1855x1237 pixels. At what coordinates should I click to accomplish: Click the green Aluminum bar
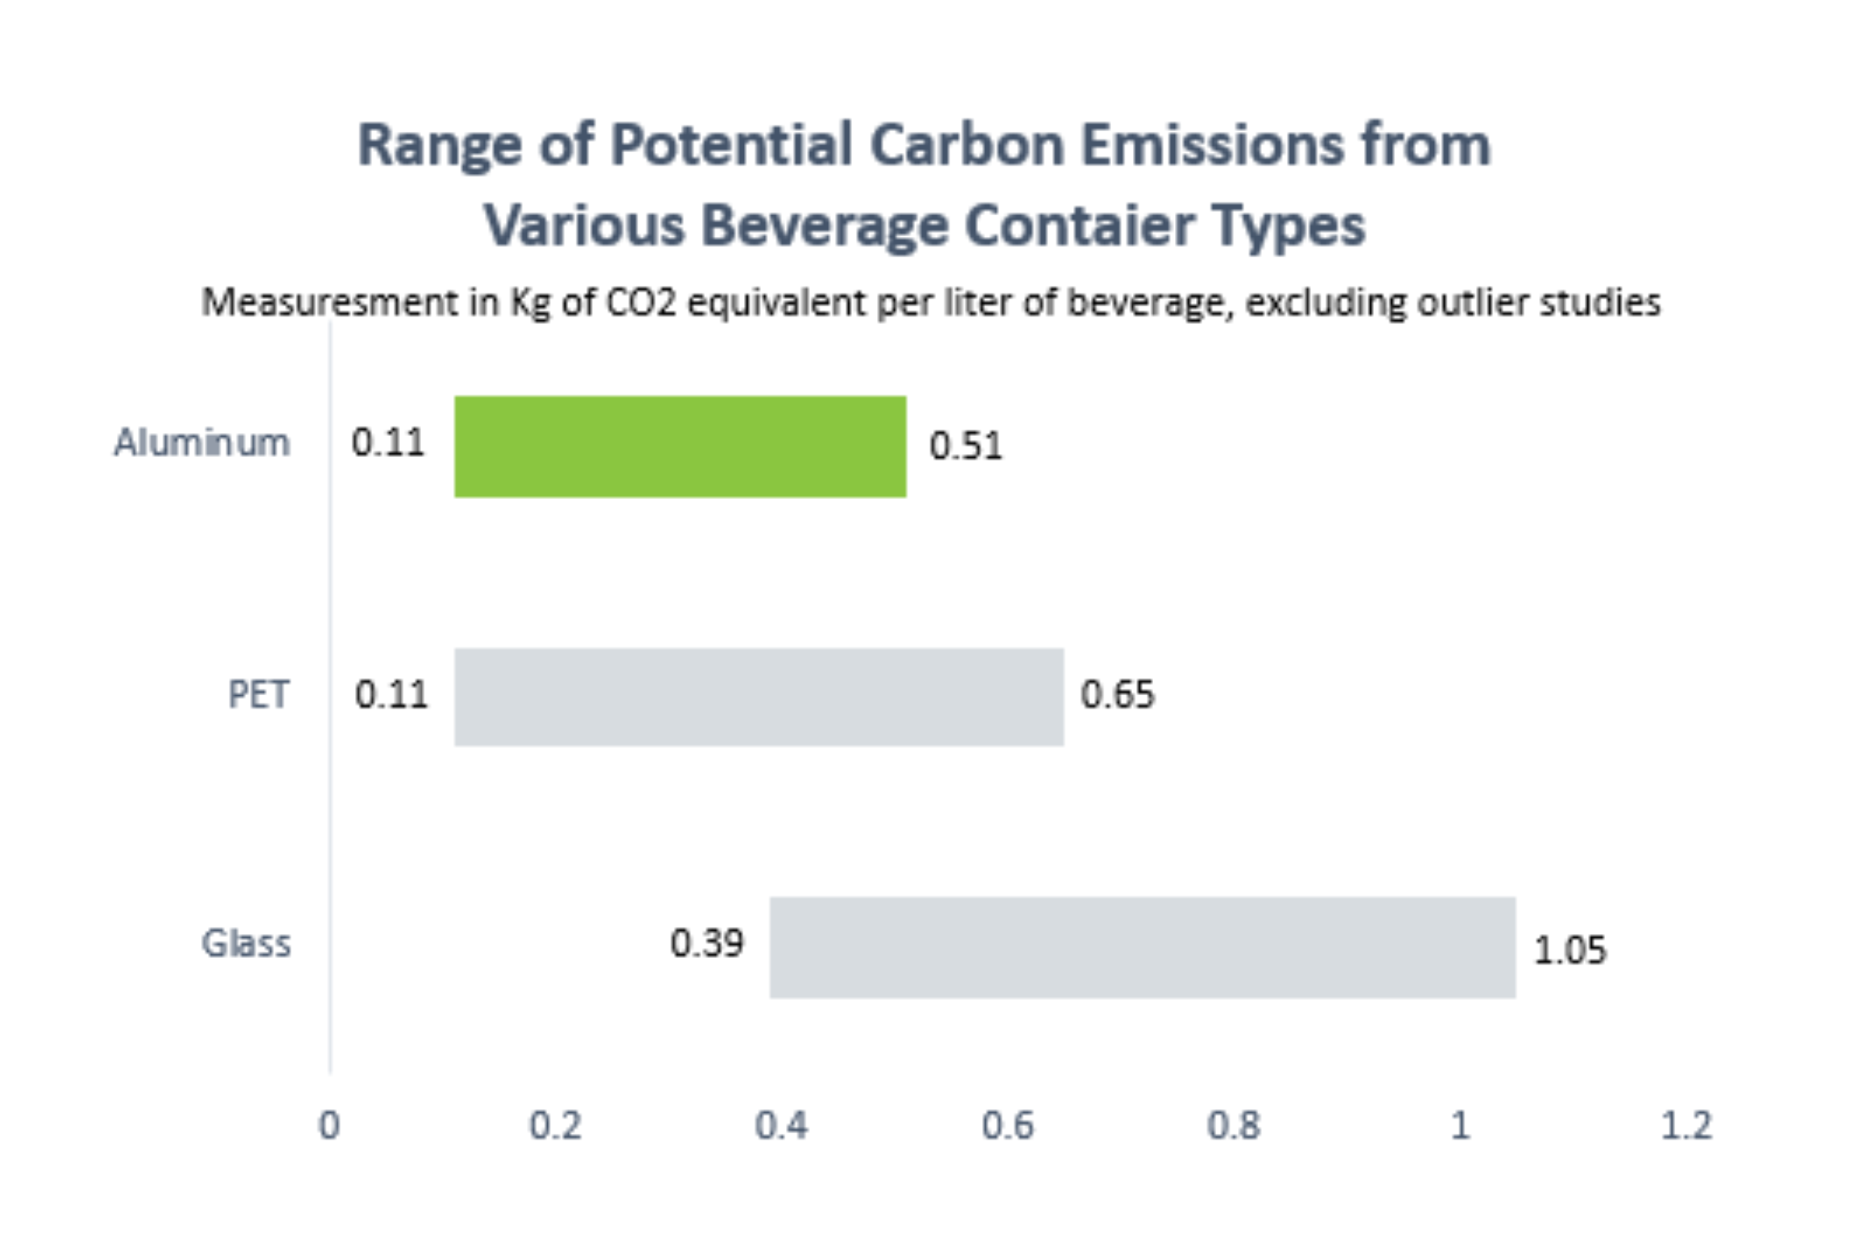click(680, 447)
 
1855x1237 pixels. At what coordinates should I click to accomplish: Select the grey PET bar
click(759, 696)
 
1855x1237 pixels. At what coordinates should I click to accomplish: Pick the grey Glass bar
click(1142, 947)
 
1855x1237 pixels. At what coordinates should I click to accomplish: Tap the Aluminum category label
click(202, 443)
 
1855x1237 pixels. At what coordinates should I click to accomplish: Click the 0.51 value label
click(965, 446)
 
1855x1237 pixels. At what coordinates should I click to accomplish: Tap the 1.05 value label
click(1569, 950)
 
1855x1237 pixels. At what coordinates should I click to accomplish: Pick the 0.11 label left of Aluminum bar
click(388, 443)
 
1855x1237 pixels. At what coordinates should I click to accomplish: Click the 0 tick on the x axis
click(329, 1126)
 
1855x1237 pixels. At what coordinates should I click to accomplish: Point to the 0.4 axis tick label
click(781, 1126)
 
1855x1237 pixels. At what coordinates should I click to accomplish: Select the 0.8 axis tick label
click(1234, 1126)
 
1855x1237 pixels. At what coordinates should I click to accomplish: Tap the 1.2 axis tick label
click(1686, 1126)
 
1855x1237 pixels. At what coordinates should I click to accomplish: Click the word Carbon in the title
click(967, 145)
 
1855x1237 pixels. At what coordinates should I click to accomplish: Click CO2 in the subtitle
click(641, 302)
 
